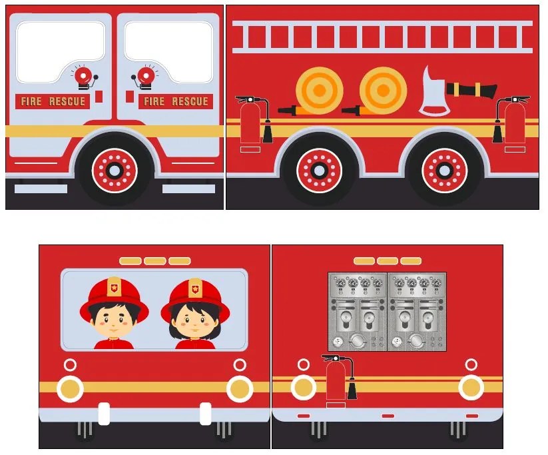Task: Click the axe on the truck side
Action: click(433, 92)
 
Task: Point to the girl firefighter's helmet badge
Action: click(194, 288)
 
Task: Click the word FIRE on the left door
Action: click(31, 101)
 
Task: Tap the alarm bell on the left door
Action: click(83, 77)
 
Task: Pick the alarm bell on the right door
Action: click(145, 77)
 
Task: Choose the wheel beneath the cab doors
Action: click(114, 171)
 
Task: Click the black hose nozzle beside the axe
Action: click(472, 89)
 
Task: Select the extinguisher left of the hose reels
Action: click(250, 122)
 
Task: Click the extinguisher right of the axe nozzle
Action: click(514, 122)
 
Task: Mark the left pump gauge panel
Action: click(358, 311)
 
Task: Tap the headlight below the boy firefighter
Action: click(70, 388)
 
